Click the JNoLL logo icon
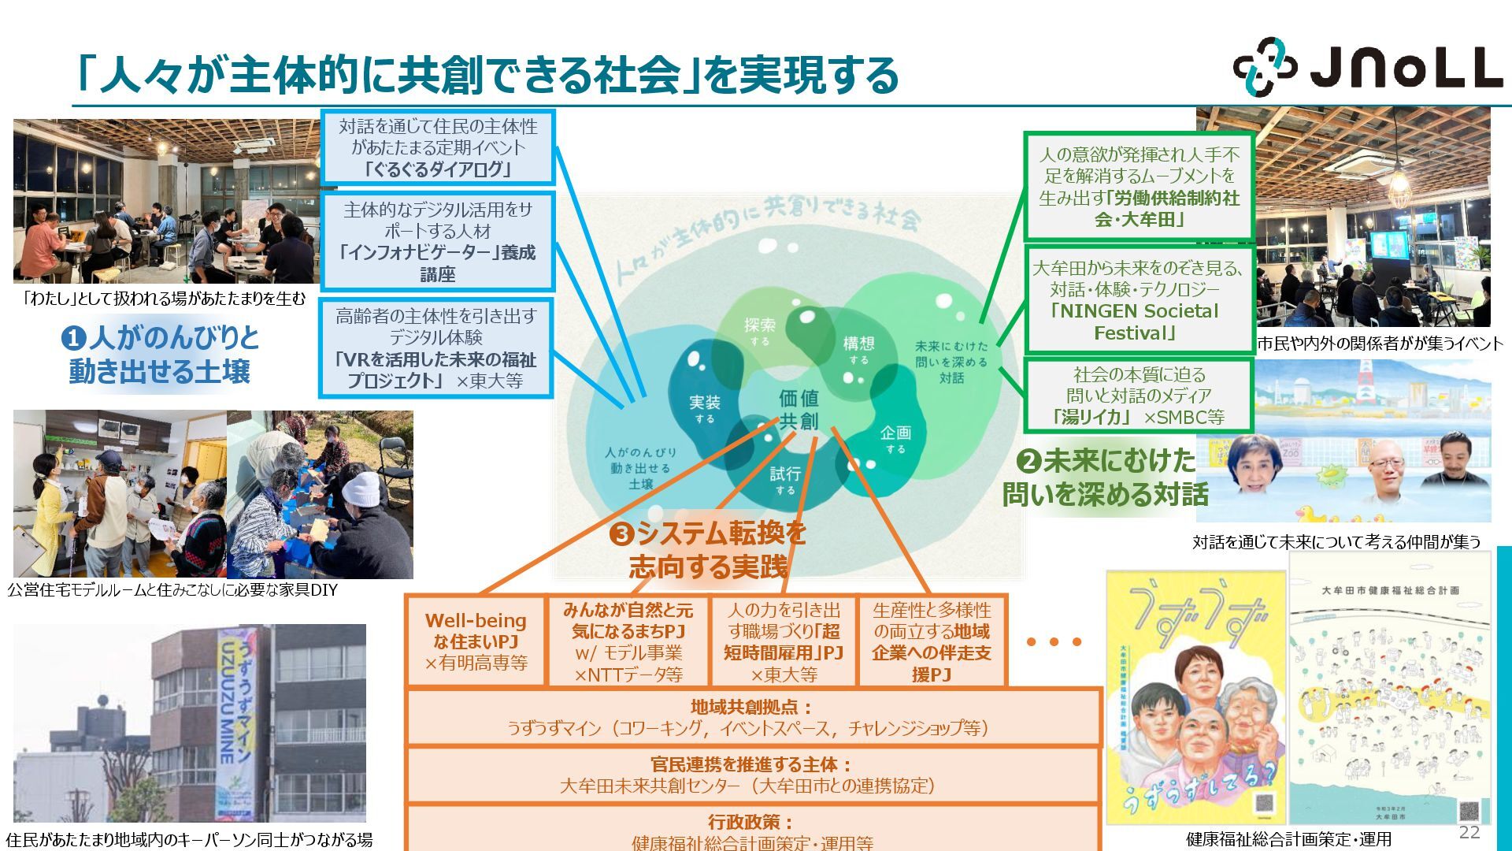click(1264, 66)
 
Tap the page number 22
click(1469, 832)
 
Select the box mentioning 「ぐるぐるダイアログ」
click(438, 148)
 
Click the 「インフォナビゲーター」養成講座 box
click(438, 242)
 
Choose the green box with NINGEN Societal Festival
click(1139, 300)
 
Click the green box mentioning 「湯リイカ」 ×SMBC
click(1139, 396)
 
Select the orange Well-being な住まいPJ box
click(476, 641)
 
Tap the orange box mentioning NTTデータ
click(628, 641)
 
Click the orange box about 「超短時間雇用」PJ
click(784, 641)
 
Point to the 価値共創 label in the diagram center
click(799, 409)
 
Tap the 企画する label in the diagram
click(895, 439)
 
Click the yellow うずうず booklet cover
click(1195, 697)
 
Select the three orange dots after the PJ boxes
click(1054, 642)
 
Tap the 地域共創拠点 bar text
click(751, 717)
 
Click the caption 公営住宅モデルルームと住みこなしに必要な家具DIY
click(172, 590)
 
